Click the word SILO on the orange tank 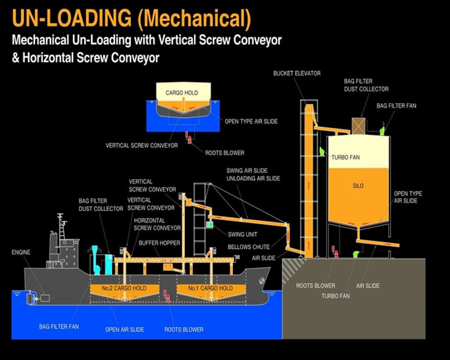click(x=358, y=184)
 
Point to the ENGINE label click(x=21, y=253)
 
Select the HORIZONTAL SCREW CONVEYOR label click(x=157, y=224)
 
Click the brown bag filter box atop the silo click(x=359, y=125)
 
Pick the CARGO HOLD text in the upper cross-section click(x=182, y=92)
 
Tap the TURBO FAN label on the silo click(x=345, y=157)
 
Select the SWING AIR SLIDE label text click(x=245, y=170)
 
